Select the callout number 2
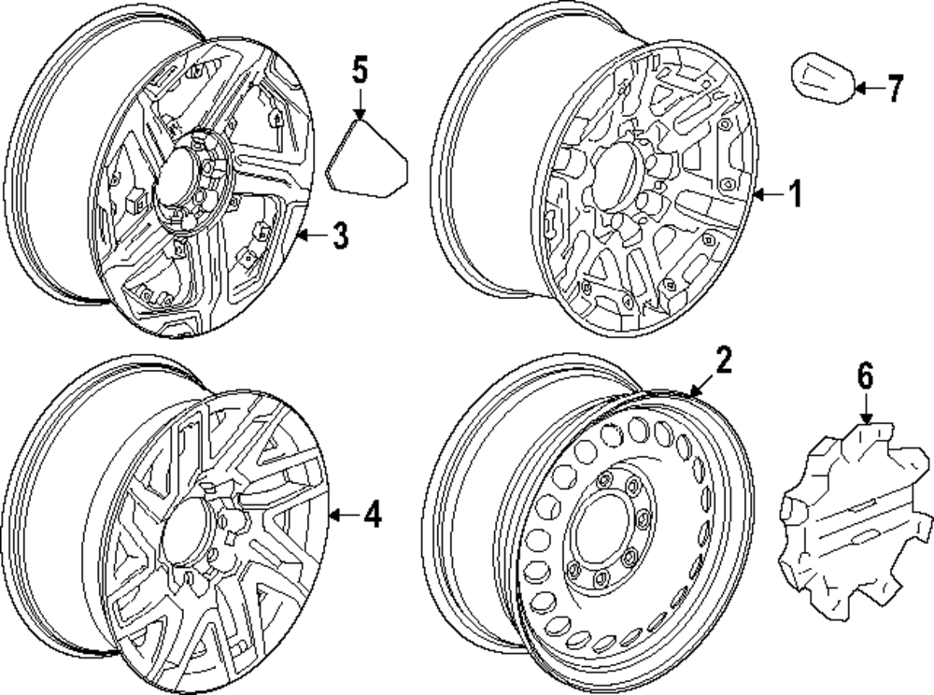pos(724,361)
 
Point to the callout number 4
pos(372,515)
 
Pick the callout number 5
pos(361,72)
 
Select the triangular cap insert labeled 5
pos(368,160)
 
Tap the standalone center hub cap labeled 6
pos(844,519)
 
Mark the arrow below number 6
pos(866,408)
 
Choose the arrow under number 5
pos(361,103)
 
